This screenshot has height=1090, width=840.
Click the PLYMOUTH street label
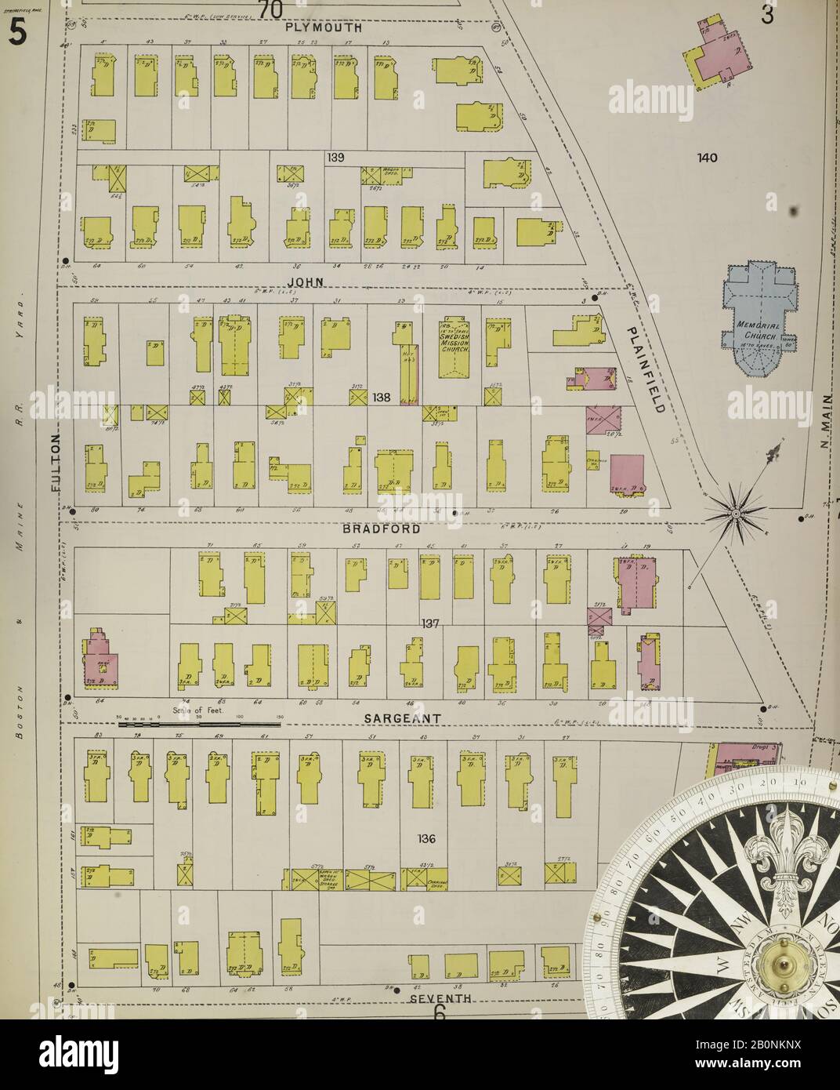pos(323,27)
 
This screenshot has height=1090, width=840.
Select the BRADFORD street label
pos(383,529)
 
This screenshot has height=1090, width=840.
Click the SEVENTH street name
pos(441,998)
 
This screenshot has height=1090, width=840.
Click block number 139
pos(336,158)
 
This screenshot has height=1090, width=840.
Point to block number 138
pos(382,398)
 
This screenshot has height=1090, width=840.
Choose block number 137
pos(429,624)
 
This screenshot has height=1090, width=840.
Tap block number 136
pos(426,839)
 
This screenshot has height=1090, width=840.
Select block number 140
pos(708,158)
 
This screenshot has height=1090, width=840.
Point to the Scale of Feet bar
pos(200,725)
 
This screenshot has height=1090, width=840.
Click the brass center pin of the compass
pos(784,962)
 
